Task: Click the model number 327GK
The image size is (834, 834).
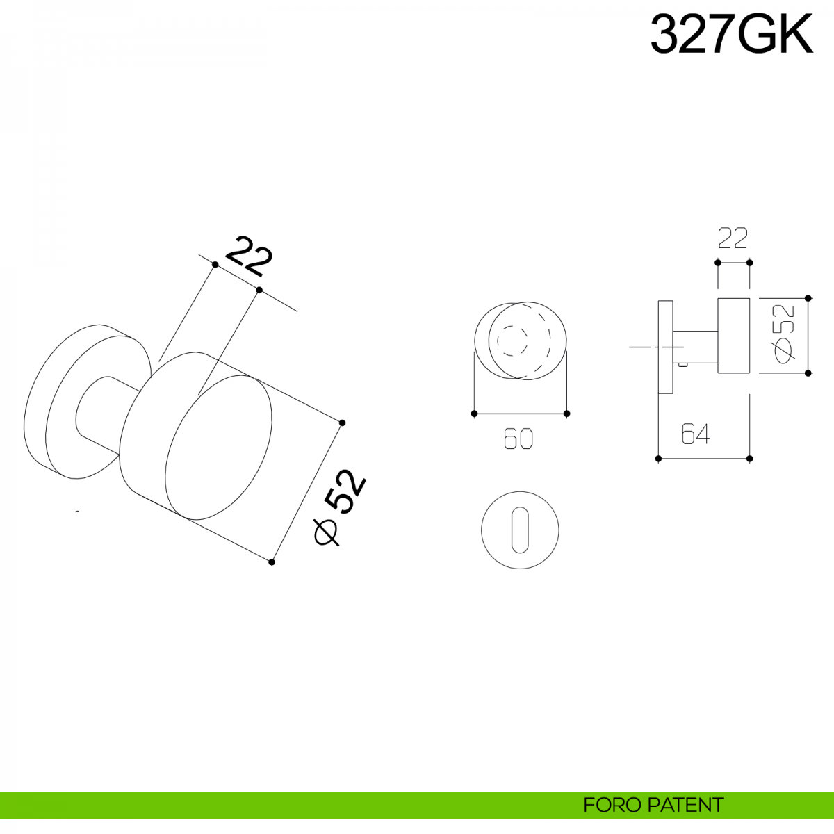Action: pyautogui.click(x=731, y=34)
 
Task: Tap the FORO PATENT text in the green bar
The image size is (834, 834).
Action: pyautogui.click(x=653, y=805)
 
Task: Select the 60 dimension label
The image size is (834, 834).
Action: pyautogui.click(x=518, y=439)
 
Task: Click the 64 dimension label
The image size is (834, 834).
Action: pyautogui.click(x=696, y=434)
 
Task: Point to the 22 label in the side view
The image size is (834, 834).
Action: pyautogui.click(x=733, y=238)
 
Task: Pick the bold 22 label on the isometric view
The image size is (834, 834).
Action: pyautogui.click(x=250, y=256)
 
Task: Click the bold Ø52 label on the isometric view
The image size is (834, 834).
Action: pyautogui.click(x=340, y=507)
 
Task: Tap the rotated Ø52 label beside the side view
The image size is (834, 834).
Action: pyautogui.click(x=784, y=334)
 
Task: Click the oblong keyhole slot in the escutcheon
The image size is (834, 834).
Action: pyautogui.click(x=520, y=530)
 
